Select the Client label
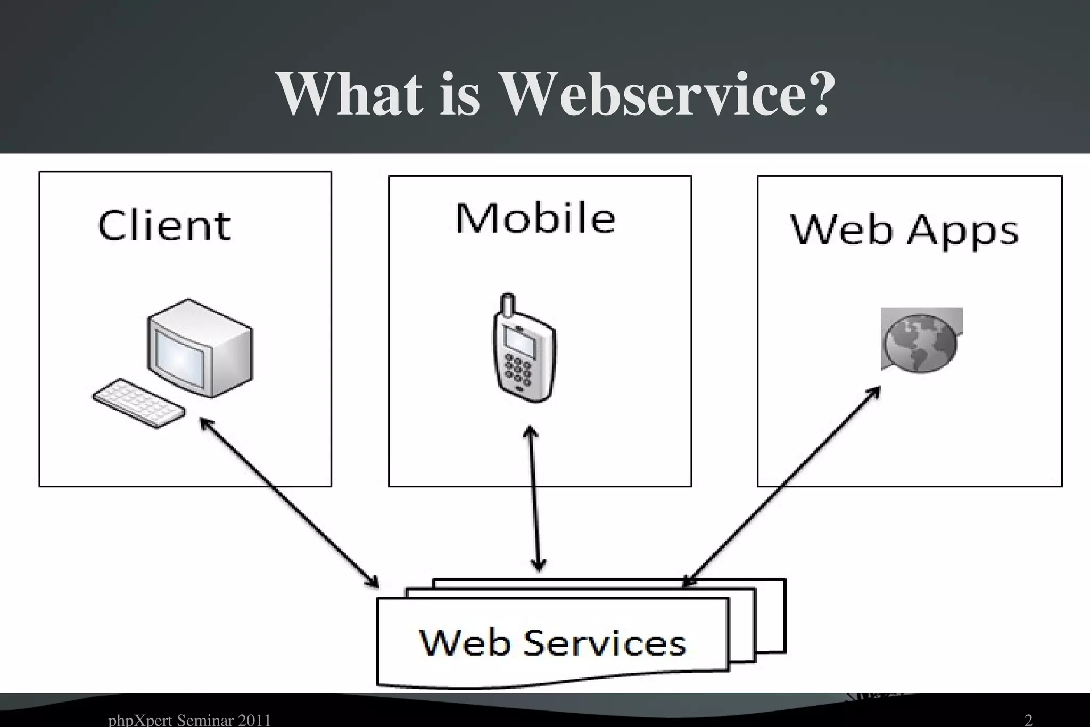point(164,226)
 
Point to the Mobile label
point(535,218)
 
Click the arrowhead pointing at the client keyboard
point(205,423)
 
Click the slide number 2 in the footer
point(1028,720)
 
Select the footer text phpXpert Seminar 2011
point(189,720)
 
